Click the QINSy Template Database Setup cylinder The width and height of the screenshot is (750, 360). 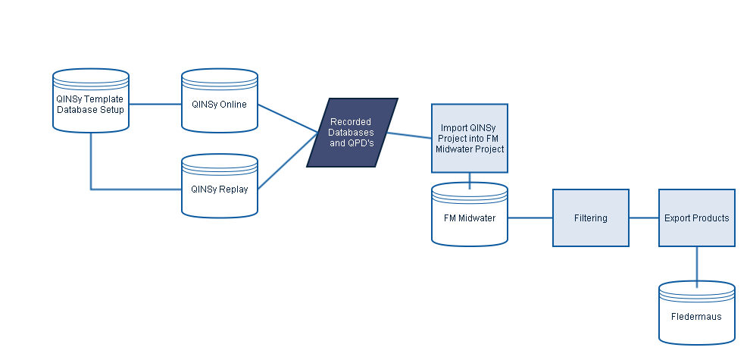(91, 114)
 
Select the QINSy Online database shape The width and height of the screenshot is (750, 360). (220, 114)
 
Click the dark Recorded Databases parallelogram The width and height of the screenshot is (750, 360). (352, 133)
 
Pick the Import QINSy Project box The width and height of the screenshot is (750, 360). (470, 139)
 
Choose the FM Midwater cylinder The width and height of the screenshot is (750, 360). (470, 224)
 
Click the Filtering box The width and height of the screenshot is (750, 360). (591, 218)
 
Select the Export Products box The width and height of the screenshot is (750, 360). (697, 218)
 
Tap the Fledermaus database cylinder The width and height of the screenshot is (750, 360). (697, 318)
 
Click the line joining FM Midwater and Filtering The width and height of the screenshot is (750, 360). (530, 218)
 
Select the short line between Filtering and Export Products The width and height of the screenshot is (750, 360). (644, 218)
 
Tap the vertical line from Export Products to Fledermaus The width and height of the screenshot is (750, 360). (697, 265)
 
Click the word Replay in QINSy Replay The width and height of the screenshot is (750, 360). (233, 189)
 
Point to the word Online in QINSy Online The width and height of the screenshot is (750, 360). (233, 105)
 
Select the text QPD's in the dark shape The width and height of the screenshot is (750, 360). (360, 142)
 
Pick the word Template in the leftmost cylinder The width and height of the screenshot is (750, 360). (105, 99)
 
